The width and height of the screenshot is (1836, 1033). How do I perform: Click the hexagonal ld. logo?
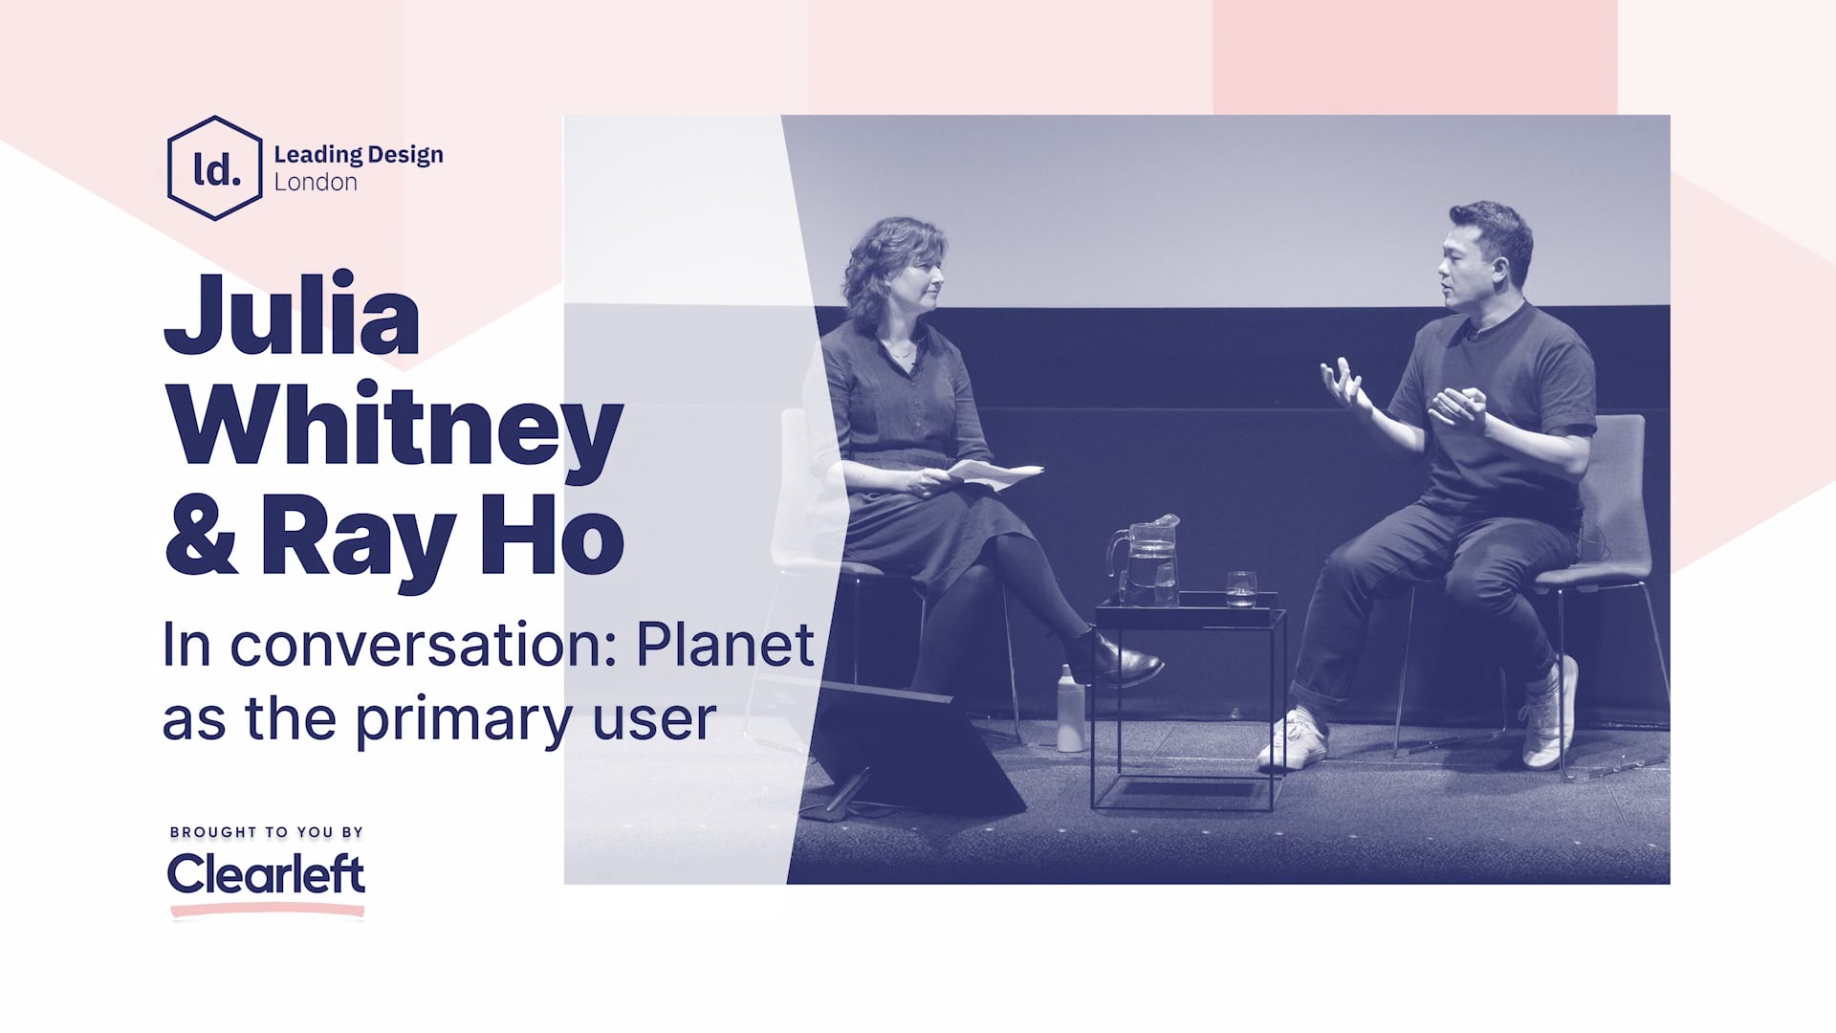pyautogui.click(x=214, y=168)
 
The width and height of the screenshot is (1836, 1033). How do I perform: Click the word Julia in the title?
pyautogui.click(x=292, y=315)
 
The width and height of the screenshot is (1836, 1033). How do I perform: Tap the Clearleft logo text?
pyautogui.click(x=266, y=872)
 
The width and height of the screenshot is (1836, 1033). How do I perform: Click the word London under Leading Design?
pyautogui.click(x=316, y=183)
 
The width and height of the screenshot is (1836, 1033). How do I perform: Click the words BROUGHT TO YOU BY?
pyautogui.click(x=266, y=832)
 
